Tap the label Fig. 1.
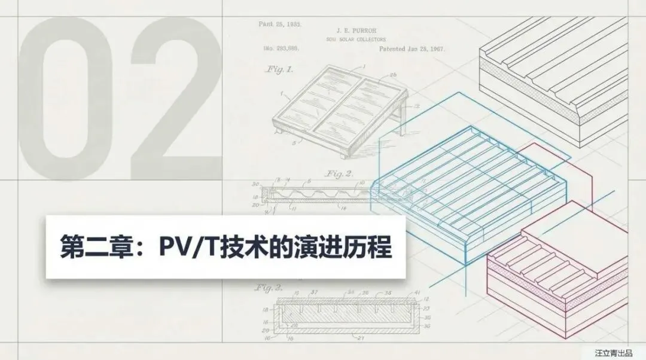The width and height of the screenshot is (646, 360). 279,69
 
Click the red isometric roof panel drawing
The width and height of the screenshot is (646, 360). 556,269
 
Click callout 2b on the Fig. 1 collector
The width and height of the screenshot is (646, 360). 393,75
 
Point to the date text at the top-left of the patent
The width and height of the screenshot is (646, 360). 279,25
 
